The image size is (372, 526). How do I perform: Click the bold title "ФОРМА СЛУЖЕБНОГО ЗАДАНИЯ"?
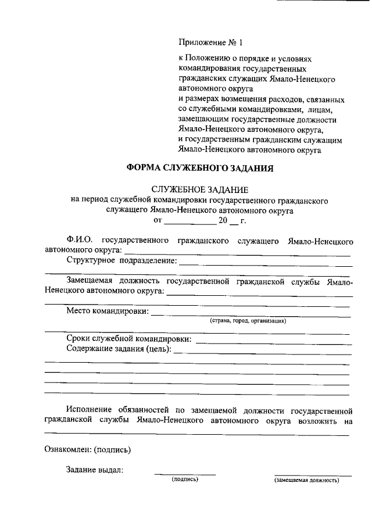pos(200,169)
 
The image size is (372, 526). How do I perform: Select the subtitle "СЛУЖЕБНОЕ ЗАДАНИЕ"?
pos(200,189)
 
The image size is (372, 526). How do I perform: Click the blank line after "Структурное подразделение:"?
pos(264,263)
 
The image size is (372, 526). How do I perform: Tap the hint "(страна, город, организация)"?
pos(248,321)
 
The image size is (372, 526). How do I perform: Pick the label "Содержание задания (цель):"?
pos(119,349)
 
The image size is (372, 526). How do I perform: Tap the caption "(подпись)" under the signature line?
pos(185,480)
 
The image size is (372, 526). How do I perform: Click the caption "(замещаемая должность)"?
pos(306,480)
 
